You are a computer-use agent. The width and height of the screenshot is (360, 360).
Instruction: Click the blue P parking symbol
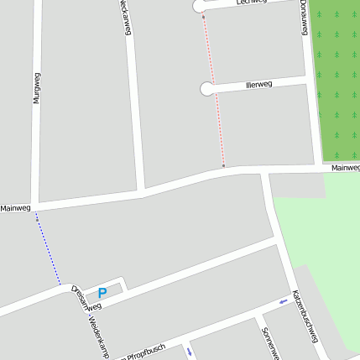pos(102,293)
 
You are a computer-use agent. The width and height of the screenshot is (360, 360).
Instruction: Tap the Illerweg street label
pos(258,85)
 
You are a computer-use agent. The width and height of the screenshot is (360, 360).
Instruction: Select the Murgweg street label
pos(37,87)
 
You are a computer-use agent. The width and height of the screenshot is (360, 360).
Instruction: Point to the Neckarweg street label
pos(125,17)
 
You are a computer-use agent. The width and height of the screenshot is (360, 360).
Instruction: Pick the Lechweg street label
pos(251,3)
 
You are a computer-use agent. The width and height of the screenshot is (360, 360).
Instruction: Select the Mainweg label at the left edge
pos(15,208)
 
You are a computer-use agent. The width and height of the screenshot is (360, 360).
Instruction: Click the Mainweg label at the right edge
pos(345,168)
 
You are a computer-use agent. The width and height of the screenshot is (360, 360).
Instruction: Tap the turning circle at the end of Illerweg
pos(206,88)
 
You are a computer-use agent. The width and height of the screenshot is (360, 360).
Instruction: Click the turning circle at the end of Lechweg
pos(200,7)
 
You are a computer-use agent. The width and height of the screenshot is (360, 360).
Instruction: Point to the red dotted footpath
pos(213,92)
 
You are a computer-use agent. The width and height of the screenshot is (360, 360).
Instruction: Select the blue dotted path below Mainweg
pos(48,248)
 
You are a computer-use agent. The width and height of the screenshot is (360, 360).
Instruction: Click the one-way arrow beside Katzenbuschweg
pos(283,301)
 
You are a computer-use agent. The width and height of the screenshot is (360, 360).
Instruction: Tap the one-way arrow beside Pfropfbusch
pos(190,350)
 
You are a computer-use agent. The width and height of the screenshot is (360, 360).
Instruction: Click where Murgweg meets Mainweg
pos(34,205)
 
